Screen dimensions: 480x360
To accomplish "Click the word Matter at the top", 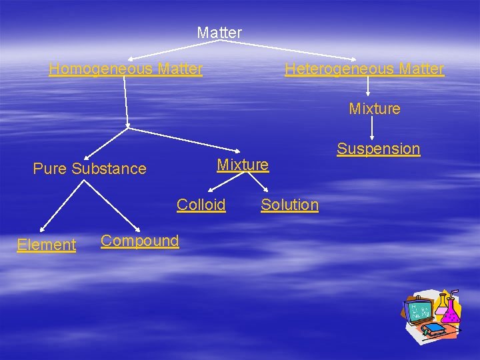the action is click(219, 32).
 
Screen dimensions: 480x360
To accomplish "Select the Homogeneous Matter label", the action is click(125, 69).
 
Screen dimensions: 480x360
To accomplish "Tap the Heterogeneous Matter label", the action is click(364, 69).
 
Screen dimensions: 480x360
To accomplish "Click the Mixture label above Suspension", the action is click(375, 109).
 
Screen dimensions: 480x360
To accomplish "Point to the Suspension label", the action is click(378, 149).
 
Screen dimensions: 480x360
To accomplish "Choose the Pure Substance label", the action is click(89, 169).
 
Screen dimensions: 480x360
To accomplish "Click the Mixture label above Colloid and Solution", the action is click(243, 164).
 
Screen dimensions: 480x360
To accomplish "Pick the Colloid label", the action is click(201, 205).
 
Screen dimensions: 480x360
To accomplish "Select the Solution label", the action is click(289, 205).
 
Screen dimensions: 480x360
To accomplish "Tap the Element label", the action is click(47, 245).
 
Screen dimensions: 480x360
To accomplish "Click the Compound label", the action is click(140, 241).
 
